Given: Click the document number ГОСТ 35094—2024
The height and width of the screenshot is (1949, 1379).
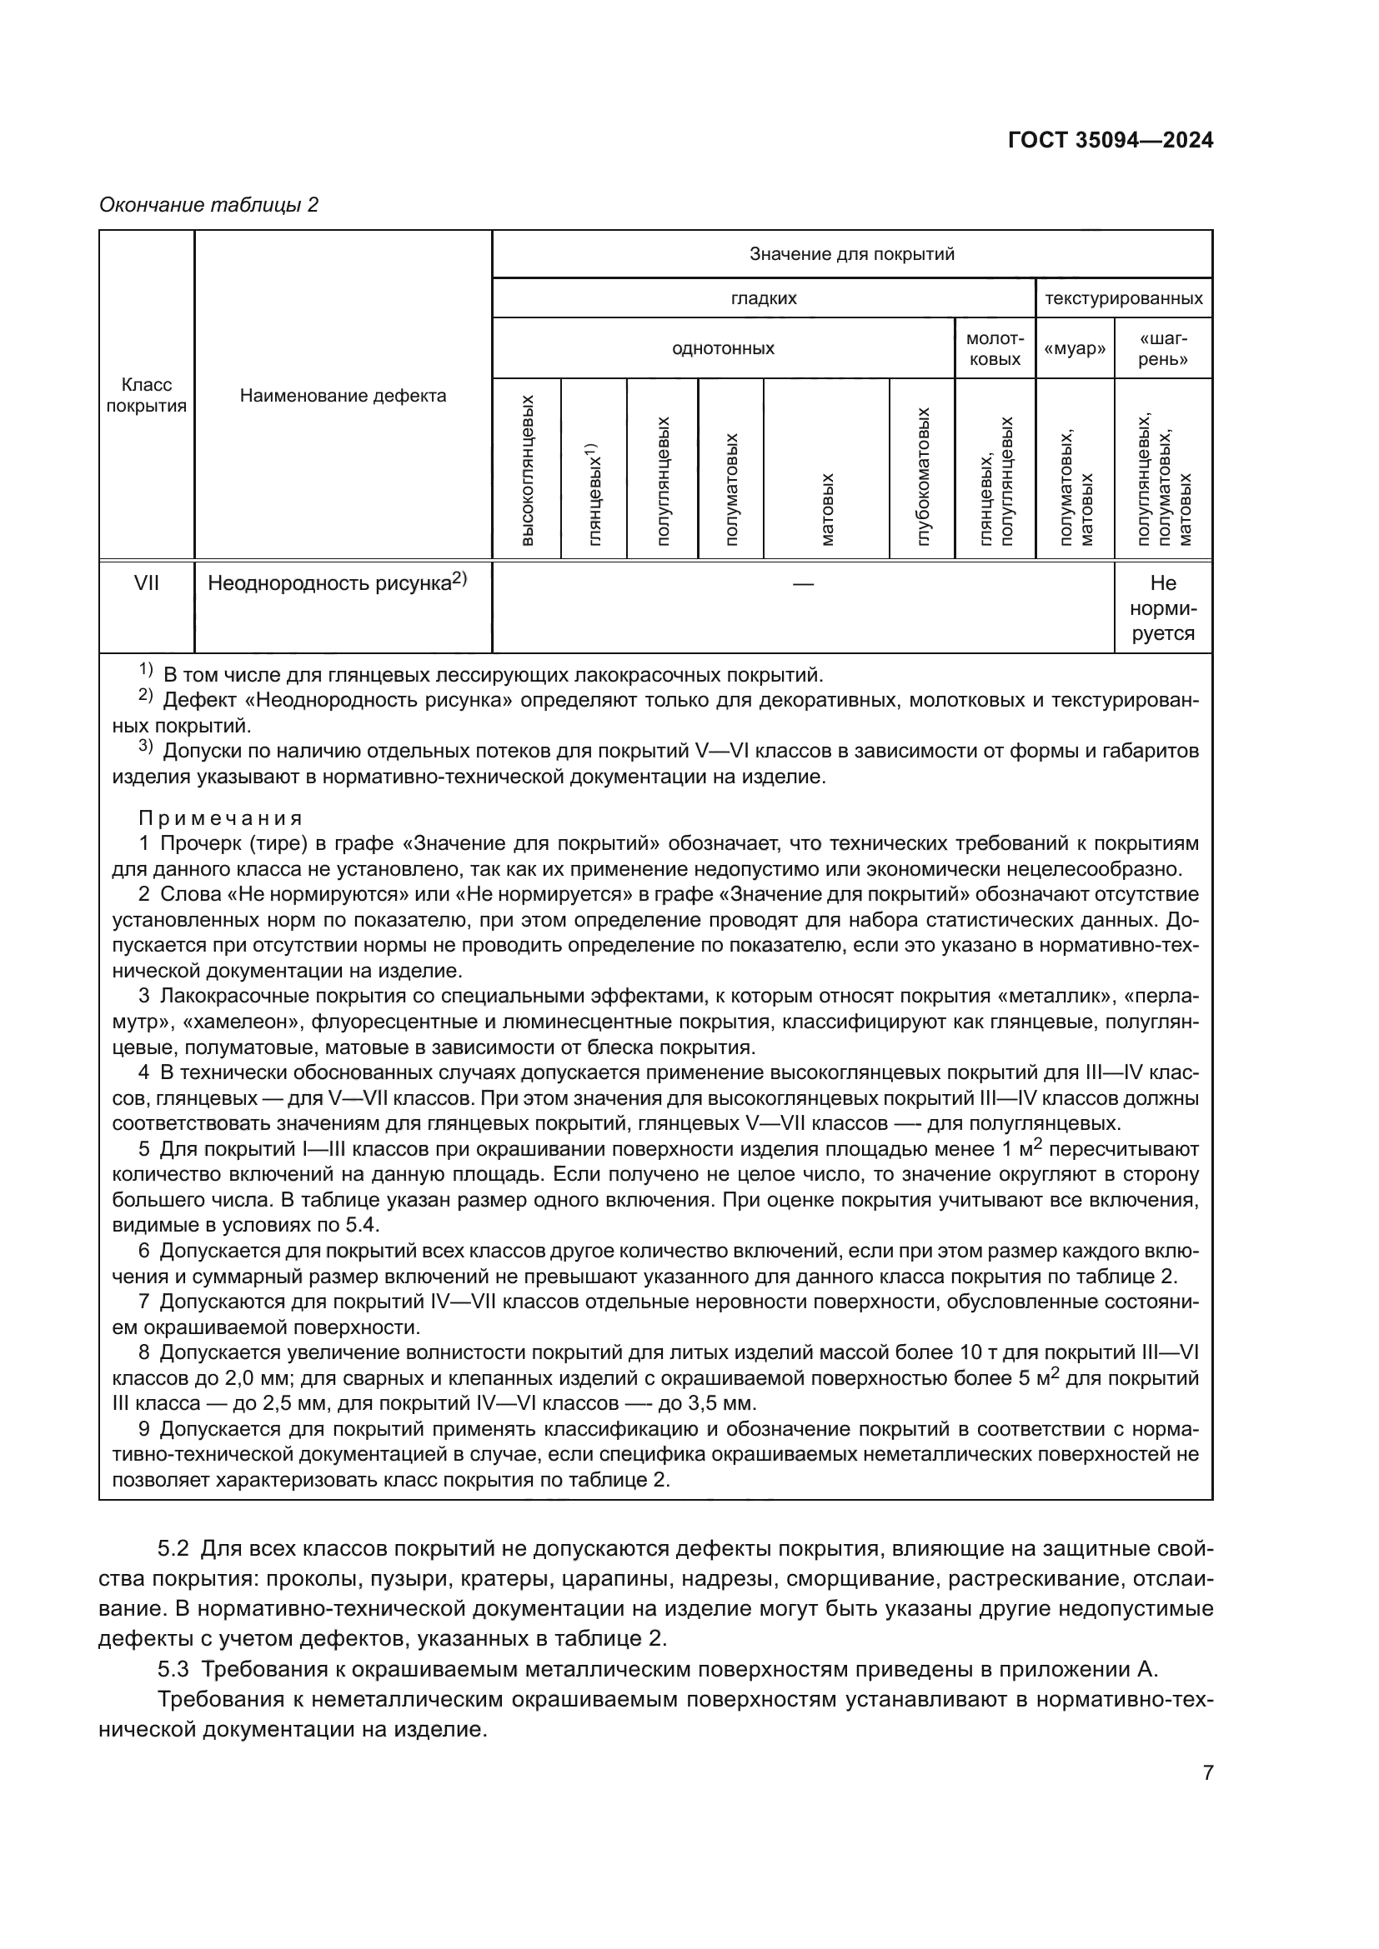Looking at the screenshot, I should (1110, 141).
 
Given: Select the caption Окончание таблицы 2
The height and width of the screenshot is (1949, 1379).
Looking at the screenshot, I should (209, 205).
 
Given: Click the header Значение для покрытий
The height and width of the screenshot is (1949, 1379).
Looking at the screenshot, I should (852, 254).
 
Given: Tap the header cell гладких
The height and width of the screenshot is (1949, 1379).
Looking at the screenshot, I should (764, 298).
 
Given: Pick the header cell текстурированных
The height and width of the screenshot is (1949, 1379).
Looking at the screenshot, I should (1122, 298).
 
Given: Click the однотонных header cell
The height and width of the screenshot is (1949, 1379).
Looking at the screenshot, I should (723, 348).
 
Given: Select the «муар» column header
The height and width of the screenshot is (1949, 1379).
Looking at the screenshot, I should (1074, 348).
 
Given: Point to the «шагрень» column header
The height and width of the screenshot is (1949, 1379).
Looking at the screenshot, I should (1162, 348).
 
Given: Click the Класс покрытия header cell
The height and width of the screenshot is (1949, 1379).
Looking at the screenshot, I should (146, 395).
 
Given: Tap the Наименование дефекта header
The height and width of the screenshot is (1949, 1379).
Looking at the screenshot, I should (342, 395).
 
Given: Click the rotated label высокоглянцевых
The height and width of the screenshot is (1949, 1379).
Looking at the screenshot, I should (526, 469).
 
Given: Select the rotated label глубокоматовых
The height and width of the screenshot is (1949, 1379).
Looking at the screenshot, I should (923, 477).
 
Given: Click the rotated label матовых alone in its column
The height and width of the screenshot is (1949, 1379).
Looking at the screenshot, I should (827, 509).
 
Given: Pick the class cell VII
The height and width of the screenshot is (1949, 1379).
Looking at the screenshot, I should (146, 583).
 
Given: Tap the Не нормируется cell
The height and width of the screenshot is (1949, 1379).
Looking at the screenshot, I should (1162, 607).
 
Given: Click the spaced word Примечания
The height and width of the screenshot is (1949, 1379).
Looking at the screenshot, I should (220, 818).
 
